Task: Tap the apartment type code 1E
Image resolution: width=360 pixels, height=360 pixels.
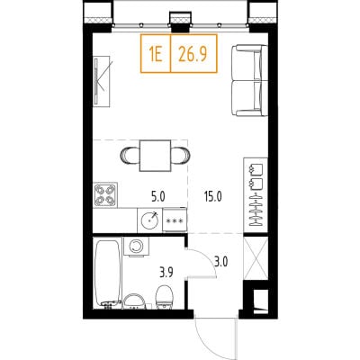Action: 156,54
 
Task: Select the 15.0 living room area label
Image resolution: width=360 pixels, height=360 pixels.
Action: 212,197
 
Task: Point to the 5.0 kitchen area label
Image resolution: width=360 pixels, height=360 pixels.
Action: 158,197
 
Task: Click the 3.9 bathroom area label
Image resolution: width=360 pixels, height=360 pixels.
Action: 166,273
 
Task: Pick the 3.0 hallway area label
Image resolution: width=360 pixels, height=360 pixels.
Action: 220,262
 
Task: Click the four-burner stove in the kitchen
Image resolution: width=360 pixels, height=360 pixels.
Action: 105,194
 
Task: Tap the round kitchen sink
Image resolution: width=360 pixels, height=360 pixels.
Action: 149,220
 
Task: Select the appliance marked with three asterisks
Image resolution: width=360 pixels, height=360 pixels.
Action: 175,220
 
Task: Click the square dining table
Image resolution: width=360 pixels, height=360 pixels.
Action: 155,156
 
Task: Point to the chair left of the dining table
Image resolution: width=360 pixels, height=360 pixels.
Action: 130,155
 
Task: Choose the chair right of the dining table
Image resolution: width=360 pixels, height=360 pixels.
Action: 180,155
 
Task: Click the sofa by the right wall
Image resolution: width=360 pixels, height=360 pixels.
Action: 249,80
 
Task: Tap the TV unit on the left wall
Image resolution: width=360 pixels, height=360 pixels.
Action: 102,81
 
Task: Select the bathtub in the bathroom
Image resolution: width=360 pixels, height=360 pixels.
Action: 108,274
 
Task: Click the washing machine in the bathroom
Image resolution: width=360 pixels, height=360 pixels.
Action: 137,247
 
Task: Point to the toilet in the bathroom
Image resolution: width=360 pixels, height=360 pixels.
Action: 164,297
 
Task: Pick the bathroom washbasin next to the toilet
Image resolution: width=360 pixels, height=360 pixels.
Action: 134,301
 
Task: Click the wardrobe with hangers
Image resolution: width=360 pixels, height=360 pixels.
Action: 256,194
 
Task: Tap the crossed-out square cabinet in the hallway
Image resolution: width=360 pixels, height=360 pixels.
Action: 256,257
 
